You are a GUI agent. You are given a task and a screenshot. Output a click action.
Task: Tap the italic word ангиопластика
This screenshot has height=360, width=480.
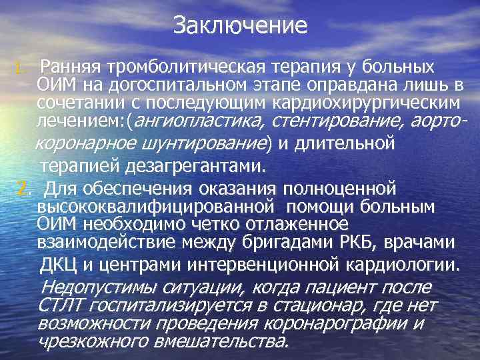tap(193, 121)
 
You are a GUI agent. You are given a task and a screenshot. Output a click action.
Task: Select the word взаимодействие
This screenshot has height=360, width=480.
tap(111, 241)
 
